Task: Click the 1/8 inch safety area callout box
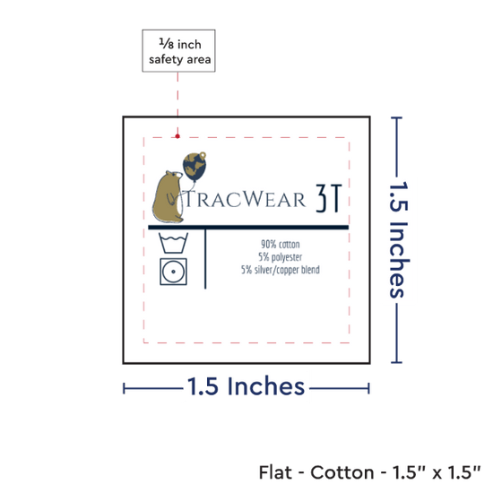coord(178,50)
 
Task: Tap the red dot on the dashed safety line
coord(177,136)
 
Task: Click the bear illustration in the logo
coord(168,197)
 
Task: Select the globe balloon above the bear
coord(195,167)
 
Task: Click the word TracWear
coord(246,199)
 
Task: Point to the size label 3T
coord(329,198)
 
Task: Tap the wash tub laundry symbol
coord(173,243)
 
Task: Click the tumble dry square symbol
coord(173,272)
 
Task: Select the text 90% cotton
coord(281,245)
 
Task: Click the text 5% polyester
coord(281,257)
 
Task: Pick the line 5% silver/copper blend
coord(281,270)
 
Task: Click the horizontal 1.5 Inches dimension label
coord(246,386)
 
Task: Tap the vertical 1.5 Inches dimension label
coord(399,239)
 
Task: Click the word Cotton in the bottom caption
coord(342,472)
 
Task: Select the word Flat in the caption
coord(275,472)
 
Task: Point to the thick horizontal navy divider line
coord(248,228)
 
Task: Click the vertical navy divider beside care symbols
coord(205,259)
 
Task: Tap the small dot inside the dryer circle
coord(173,272)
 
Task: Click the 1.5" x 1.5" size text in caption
coord(437,472)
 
